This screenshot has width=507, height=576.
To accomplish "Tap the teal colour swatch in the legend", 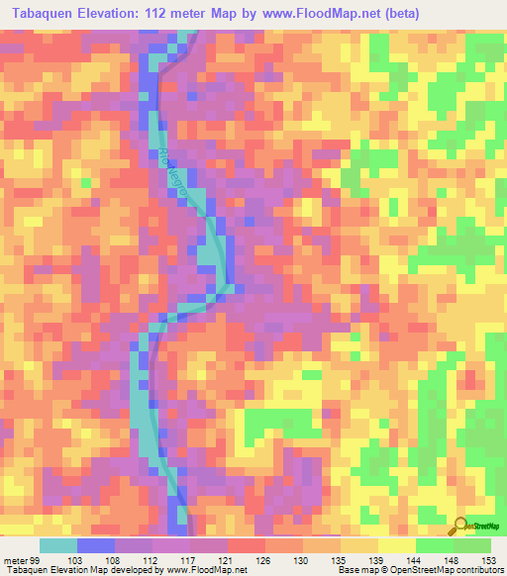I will [58, 545].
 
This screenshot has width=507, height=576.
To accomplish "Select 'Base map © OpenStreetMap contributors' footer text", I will [419, 570].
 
